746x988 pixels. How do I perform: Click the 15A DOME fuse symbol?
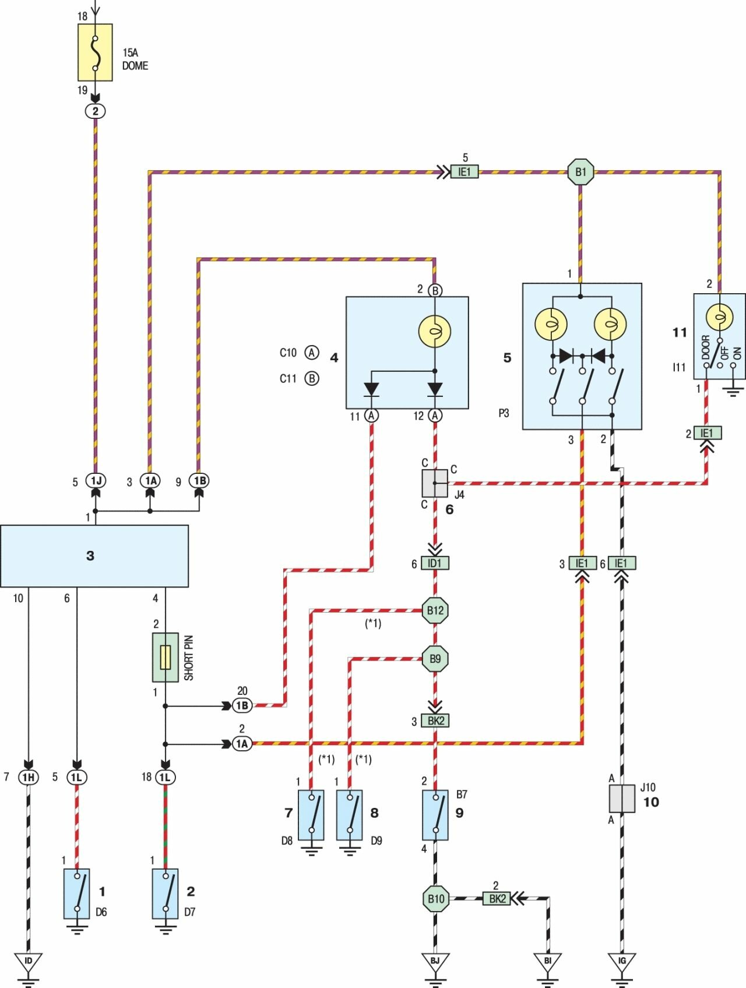point(95,52)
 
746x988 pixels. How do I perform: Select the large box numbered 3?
point(94,555)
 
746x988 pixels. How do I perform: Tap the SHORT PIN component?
point(166,657)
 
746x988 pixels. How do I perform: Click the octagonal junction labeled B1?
point(580,172)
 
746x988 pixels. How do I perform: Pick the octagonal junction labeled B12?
point(435,610)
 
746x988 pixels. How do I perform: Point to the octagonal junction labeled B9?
point(435,659)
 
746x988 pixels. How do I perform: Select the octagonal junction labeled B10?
point(435,899)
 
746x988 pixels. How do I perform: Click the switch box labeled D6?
point(77,894)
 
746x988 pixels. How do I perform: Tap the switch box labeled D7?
point(166,894)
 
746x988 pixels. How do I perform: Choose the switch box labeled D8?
point(312,814)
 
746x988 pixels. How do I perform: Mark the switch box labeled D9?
point(349,814)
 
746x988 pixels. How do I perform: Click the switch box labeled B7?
point(435,814)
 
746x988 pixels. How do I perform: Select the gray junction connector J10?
point(622,799)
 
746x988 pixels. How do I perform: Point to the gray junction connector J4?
point(435,483)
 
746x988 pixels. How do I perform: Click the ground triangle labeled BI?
point(548,961)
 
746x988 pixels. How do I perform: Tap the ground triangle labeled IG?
point(622,961)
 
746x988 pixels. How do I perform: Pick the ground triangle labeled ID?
point(29,961)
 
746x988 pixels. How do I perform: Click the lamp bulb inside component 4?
point(435,332)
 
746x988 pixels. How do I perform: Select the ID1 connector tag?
point(435,564)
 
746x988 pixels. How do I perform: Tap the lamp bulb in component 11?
point(719,317)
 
